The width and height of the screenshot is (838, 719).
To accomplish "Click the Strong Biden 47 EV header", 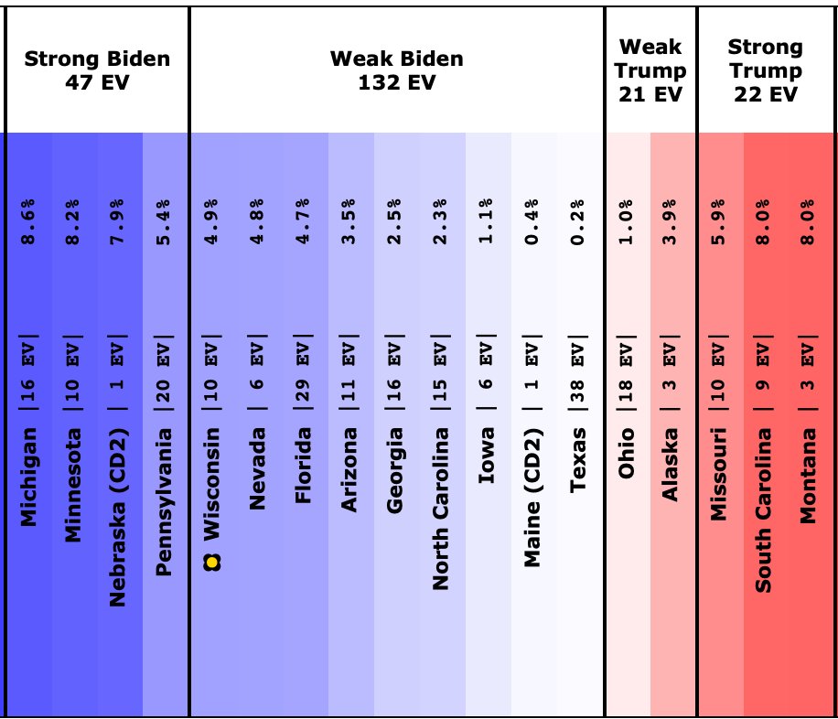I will [97, 70].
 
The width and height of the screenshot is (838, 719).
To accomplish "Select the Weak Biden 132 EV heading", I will [397, 70].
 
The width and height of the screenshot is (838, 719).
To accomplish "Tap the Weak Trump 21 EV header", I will [650, 70].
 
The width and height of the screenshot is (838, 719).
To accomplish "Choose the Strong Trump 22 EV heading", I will [765, 70].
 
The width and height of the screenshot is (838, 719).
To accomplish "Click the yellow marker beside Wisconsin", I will [212, 563].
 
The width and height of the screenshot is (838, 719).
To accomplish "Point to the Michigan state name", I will [29, 476].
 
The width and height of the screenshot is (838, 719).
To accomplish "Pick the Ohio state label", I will [627, 454].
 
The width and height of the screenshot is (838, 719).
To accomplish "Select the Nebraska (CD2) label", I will [118, 517].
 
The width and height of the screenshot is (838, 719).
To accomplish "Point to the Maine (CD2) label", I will [532, 499].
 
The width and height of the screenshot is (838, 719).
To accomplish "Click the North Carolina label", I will [441, 509].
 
